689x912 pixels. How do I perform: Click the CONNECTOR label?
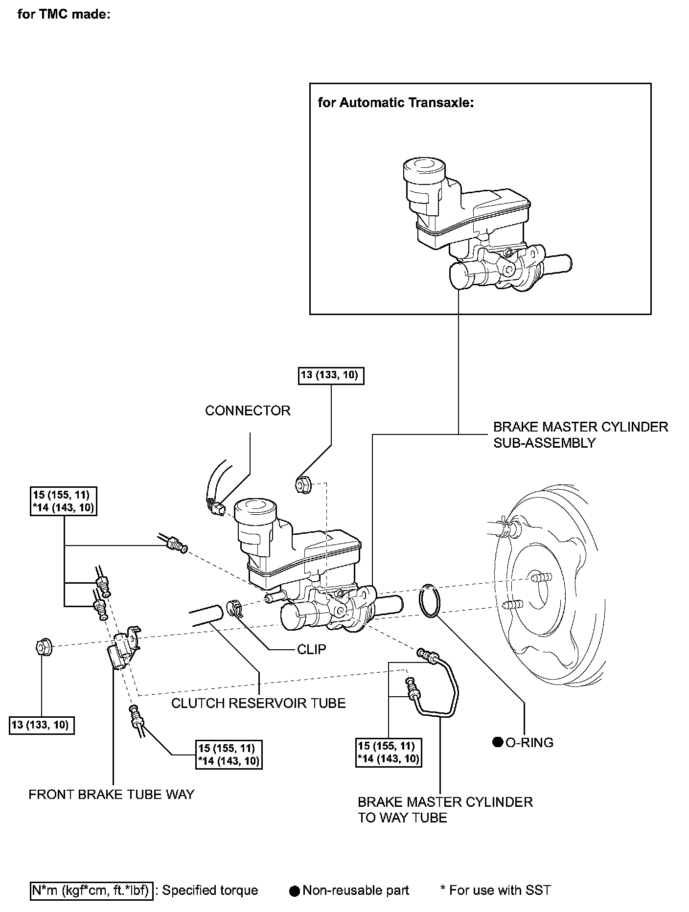coord(248,410)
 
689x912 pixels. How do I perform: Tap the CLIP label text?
coord(311,649)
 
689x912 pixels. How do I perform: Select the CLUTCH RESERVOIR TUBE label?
coord(258,703)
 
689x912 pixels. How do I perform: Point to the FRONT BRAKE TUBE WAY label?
coord(112,794)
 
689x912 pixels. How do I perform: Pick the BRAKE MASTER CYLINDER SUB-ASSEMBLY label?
coord(580,434)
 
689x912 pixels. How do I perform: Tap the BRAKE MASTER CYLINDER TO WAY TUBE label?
coord(445,810)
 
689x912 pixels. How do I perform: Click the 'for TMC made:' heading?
coord(64,15)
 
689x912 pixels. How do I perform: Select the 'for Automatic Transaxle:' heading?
coord(396,103)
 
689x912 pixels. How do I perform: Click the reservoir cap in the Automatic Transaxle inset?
coord(423,170)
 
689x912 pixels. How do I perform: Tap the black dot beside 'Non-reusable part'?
coord(294,891)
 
